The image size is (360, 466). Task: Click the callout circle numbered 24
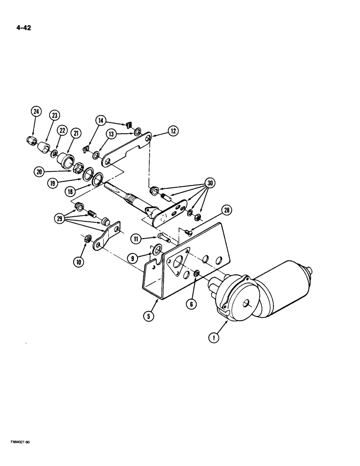(x=36, y=111)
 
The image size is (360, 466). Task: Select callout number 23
(x=54, y=116)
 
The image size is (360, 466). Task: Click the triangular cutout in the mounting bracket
(x=179, y=261)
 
